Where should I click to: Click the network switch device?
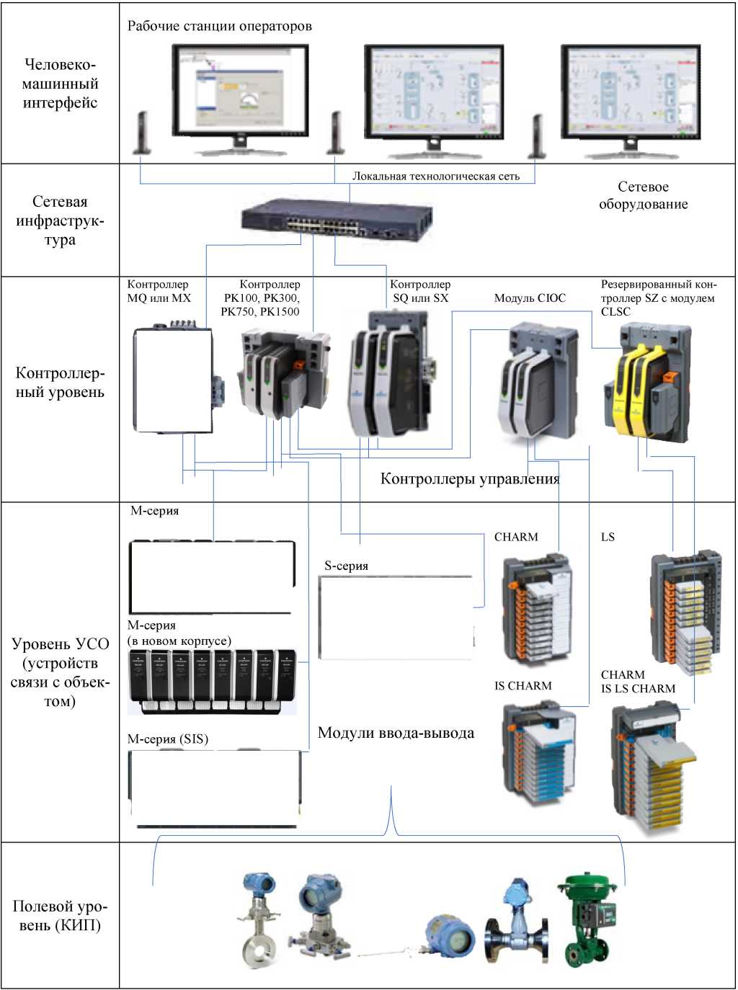(336, 222)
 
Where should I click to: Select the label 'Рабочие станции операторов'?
(220, 27)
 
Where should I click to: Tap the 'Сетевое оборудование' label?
(643, 195)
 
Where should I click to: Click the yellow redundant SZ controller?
(646, 382)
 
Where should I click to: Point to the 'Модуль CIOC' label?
(530, 298)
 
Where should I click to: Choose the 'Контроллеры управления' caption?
(470, 479)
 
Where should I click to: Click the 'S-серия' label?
(346, 566)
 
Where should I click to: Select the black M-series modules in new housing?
(212, 682)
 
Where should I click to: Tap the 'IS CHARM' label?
(523, 686)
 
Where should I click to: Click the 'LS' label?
(608, 538)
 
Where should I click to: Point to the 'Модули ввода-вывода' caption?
(396, 733)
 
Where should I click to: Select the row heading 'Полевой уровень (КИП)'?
(60, 916)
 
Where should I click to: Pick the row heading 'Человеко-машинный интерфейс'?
(60, 84)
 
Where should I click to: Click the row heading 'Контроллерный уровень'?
(60, 383)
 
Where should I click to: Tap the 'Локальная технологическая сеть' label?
(435, 177)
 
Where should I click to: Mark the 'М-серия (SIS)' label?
(167, 739)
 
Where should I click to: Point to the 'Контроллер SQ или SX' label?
(420, 291)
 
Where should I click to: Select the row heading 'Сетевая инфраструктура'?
(60, 220)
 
